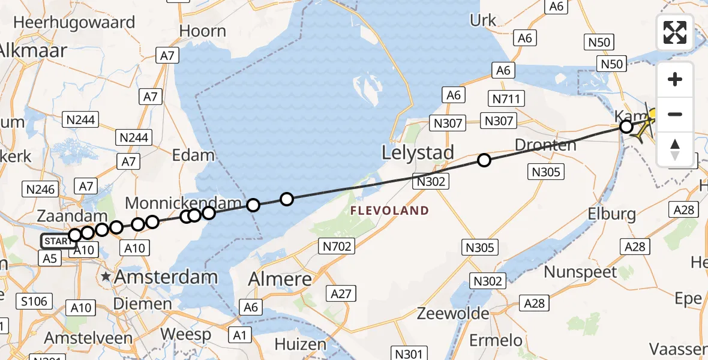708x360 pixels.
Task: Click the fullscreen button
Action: (x=675, y=32)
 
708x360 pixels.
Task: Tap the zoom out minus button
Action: (x=675, y=114)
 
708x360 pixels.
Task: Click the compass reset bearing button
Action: (x=675, y=148)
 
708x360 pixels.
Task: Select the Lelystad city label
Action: (x=418, y=153)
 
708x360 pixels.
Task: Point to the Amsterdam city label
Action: (x=166, y=277)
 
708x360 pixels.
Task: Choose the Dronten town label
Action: (x=545, y=145)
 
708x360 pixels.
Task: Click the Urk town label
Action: (x=483, y=20)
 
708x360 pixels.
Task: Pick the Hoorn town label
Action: (x=203, y=31)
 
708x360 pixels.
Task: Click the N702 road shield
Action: (x=337, y=245)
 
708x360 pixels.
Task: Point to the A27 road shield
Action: (x=342, y=293)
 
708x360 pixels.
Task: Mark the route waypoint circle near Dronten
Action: (x=484, y=160)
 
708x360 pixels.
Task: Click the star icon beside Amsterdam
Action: (x=106, y=277)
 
